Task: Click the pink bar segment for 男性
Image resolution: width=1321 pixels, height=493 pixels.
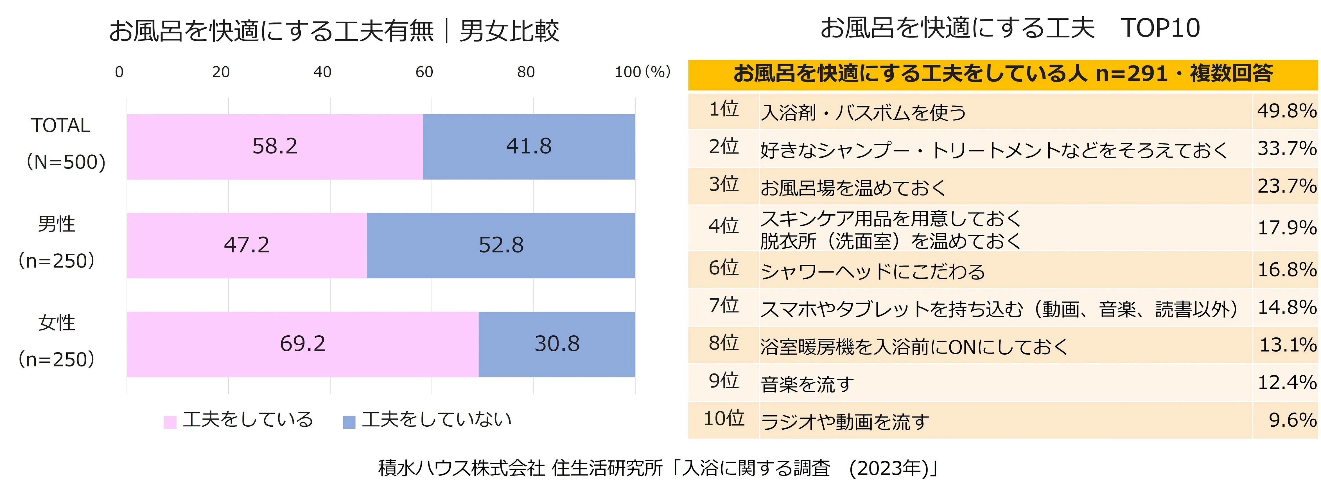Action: click(247, 245)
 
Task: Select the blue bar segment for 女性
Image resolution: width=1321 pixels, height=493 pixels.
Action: click(557, 344)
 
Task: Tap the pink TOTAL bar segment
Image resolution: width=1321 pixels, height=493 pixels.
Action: click(275, 147)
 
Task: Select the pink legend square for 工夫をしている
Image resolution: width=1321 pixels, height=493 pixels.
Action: click(170, 422)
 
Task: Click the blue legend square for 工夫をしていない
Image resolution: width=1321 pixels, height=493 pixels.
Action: click(349, 422)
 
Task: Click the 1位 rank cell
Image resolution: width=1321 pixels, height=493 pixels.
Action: click(724, 109)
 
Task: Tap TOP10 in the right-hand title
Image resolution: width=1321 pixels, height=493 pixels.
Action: click(1160, 28)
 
